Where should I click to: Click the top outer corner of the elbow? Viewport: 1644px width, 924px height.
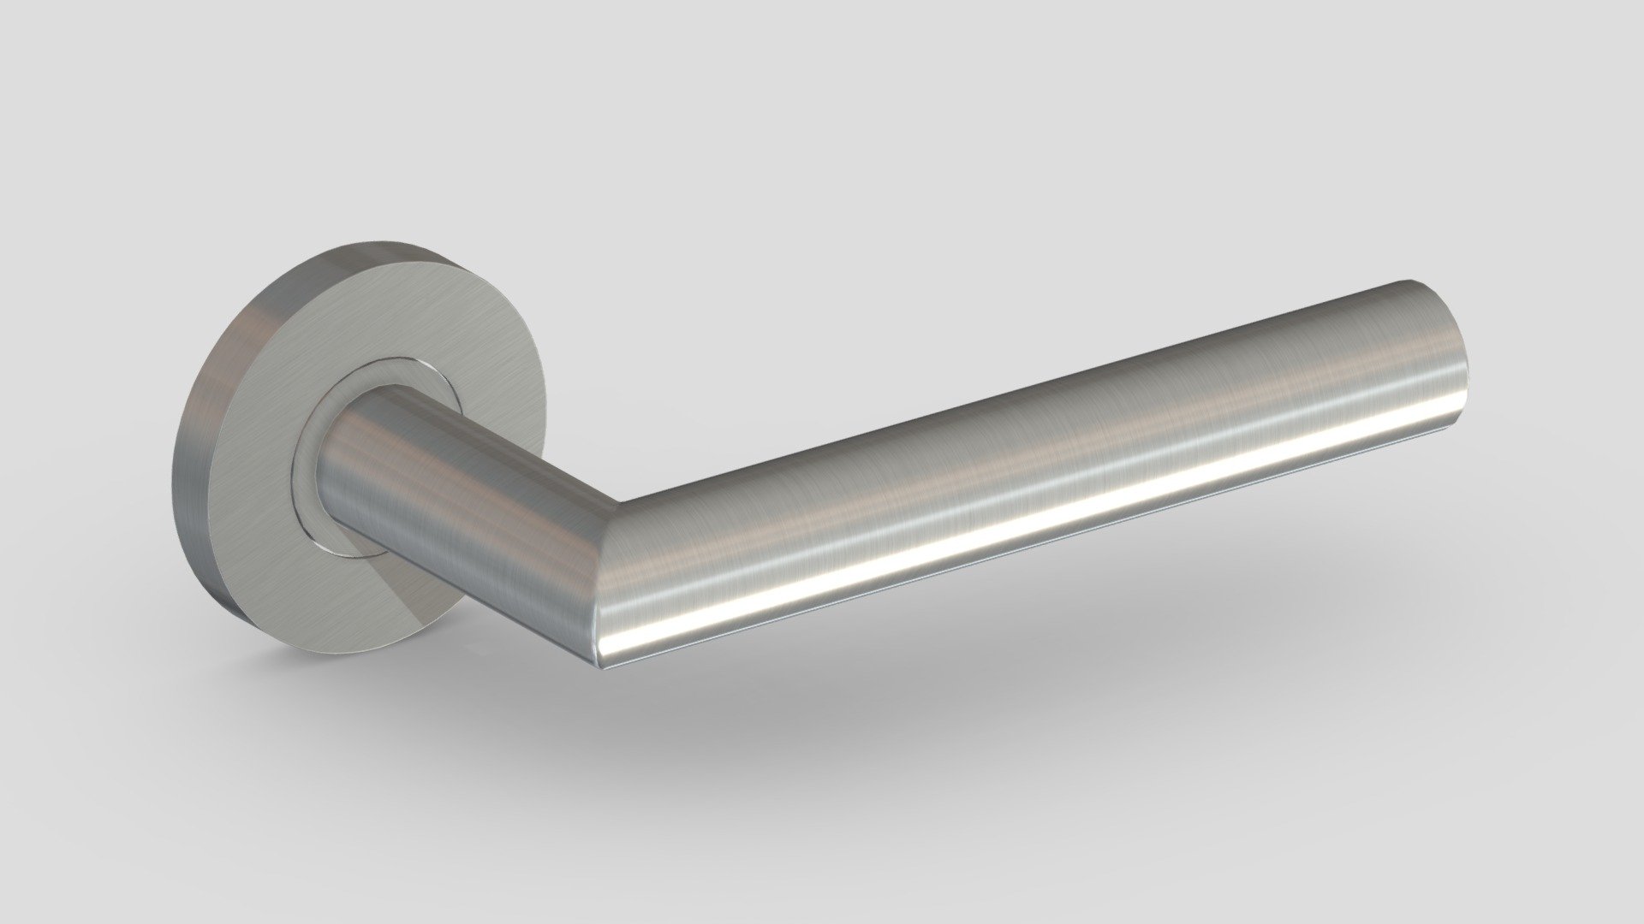pos(620,500)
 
